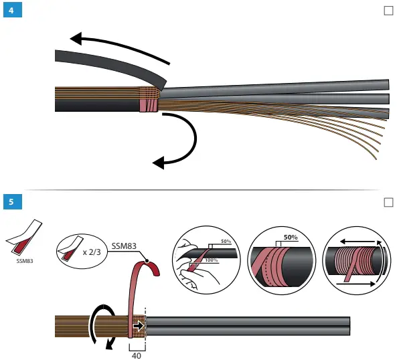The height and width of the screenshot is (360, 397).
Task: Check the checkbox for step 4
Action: click(x=388, y=11)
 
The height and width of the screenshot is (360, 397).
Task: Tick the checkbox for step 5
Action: click(x=388, y=201)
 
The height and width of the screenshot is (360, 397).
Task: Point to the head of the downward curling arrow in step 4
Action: click(x=158, y=162)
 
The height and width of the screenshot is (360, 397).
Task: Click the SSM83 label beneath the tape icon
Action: click(x=24, y=262)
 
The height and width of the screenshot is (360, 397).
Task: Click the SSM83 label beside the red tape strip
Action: click(x=125, y=246)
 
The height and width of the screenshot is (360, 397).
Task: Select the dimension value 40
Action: click(x=137, y=355)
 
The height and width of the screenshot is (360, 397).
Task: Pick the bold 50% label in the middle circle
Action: click(x=291, y=237)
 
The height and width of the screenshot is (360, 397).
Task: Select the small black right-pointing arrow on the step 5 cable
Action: click(x=139, y=326)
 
